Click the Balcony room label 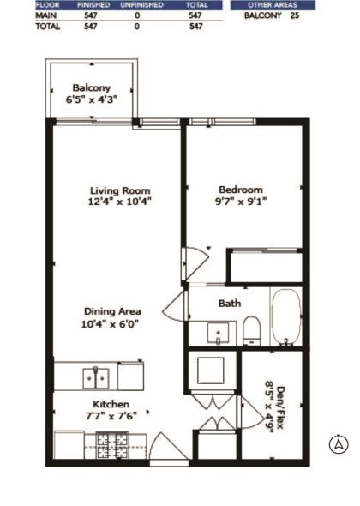click(91, 87)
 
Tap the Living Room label click(120, 190)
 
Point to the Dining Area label click(112, 311)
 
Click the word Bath click(229, 303)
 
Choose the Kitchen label click(111, 404)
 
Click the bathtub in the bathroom click(285, 316)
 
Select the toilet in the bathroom click(251, 329)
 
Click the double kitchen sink click(95, 376)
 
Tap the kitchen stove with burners click(111, 443)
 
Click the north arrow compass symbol click(339, 443)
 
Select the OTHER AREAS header click(271, 5)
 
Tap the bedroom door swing click(197, 260)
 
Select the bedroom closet click(264, 266)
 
